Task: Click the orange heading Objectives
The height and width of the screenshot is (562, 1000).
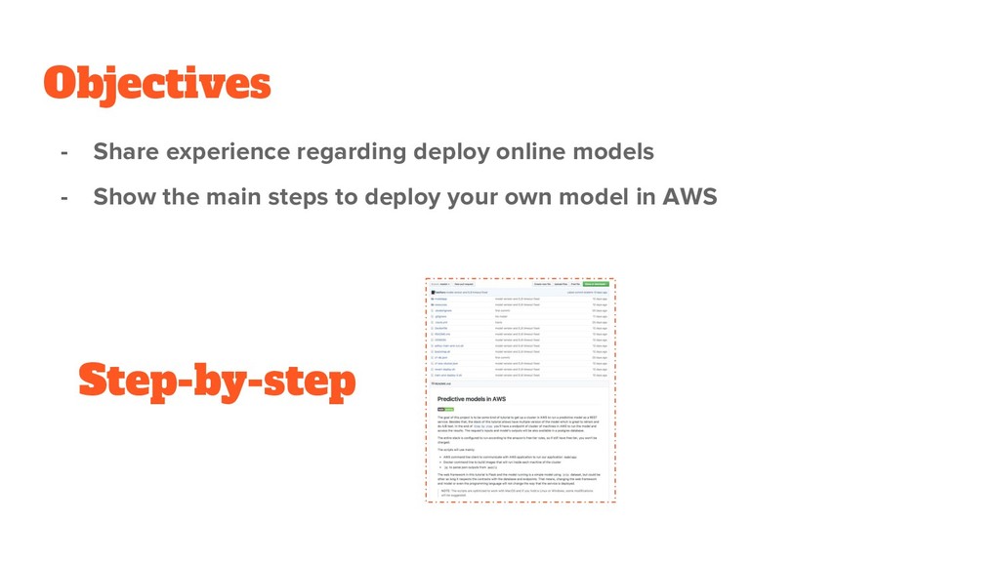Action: click(x=156, y=84)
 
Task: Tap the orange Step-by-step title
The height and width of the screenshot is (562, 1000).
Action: click(x=217, y=381)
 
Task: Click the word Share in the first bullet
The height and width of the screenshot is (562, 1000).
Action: click(x=124, y=152)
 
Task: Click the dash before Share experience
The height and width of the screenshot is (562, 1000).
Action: click(x=64, y=152)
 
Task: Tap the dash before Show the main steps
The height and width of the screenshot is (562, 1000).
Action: click(x=64, y=197)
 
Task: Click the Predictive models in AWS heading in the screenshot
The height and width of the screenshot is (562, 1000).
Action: click(x=471, y=399)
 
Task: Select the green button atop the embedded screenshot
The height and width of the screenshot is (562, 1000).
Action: click(x=596, y=284)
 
